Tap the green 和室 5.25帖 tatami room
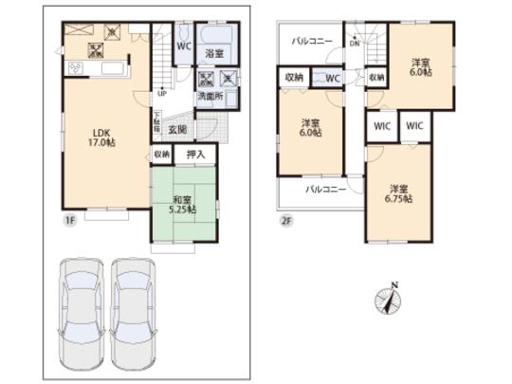(x=184, y=204)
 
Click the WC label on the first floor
(x=185, y=44)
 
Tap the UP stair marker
(x=162, y=93)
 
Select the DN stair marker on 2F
(x=354, y=44)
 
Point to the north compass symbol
(x=391, y=298)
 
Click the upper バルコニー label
(x=310, y=42)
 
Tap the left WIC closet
(x=380, y=125)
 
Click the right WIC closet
(x=414, y=125)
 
